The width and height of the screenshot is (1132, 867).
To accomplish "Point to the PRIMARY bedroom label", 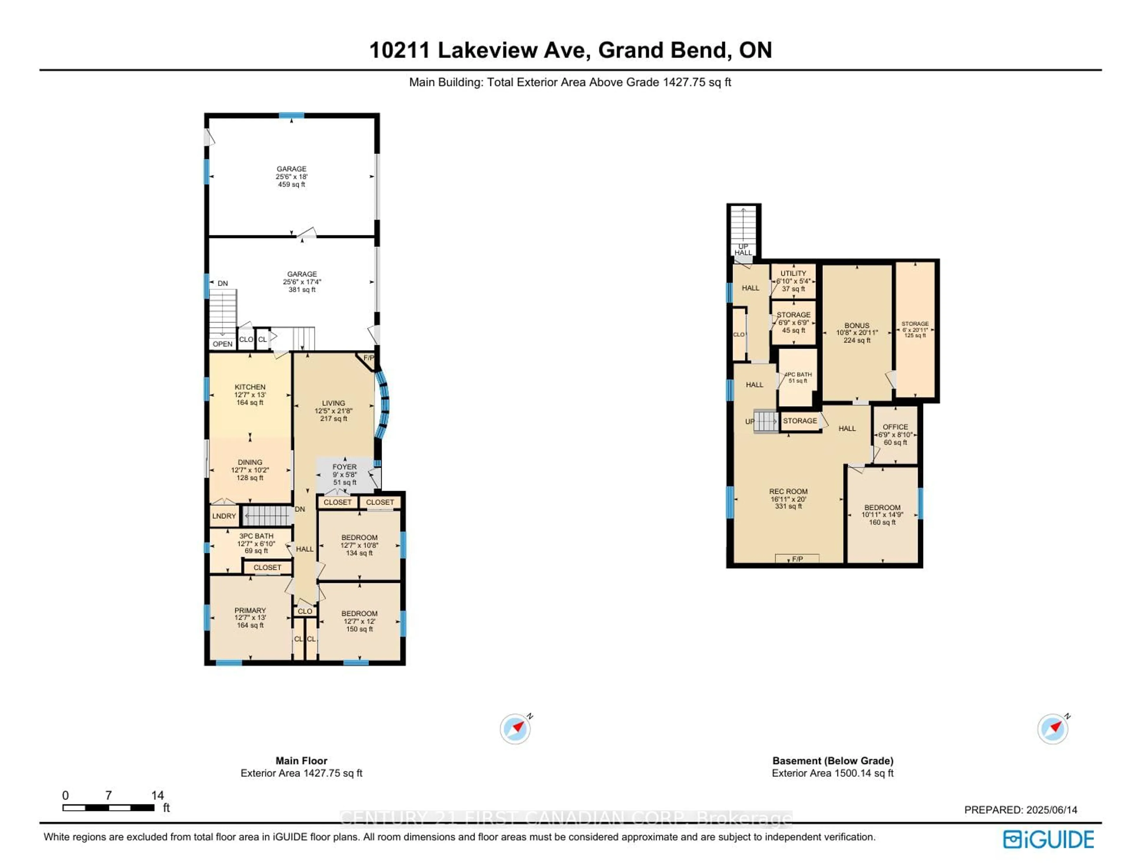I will pos(250,610).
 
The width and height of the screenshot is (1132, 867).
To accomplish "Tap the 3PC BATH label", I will pos(256,536).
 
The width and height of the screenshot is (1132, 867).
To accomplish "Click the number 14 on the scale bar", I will pos(157,795).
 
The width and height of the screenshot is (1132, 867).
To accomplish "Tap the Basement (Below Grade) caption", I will pos(832,761).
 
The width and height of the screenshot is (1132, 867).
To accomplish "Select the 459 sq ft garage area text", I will pos(292,184).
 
